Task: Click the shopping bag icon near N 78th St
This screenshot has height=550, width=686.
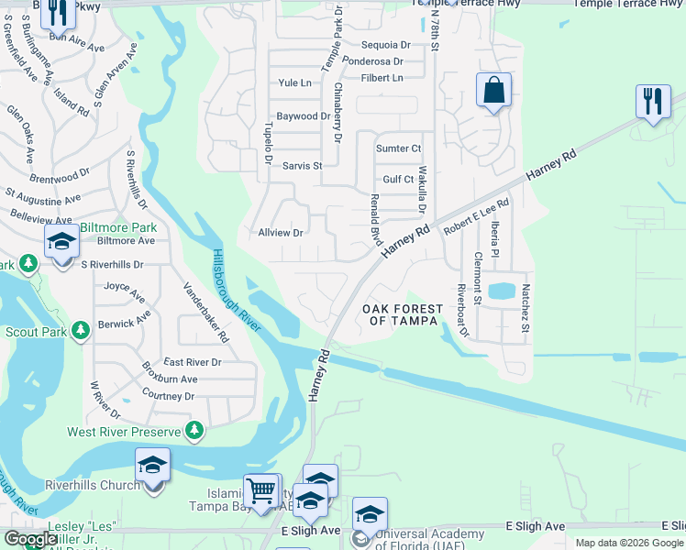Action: (493, 91)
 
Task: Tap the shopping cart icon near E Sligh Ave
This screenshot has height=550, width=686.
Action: (261, 490)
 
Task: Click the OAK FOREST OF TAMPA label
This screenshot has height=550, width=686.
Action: (408, 313)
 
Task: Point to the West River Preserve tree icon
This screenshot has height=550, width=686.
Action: (194, 430)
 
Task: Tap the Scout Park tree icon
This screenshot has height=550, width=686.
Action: (82, 329)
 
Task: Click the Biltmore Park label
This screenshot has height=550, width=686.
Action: (117, 227)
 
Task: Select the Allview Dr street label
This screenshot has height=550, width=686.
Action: (280, 233)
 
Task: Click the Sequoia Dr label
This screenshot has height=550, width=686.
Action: (386, 44)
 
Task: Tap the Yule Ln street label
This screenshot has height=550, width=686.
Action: (294, 82)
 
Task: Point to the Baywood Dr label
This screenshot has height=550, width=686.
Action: (303, 116)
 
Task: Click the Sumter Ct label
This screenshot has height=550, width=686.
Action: (398, 148)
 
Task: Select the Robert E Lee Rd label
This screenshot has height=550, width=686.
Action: (476, 218)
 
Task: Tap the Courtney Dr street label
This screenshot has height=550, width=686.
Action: (169, 395)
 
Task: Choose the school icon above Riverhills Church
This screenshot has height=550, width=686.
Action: (152, 465)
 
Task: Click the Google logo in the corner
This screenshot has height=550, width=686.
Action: (29, 539)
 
